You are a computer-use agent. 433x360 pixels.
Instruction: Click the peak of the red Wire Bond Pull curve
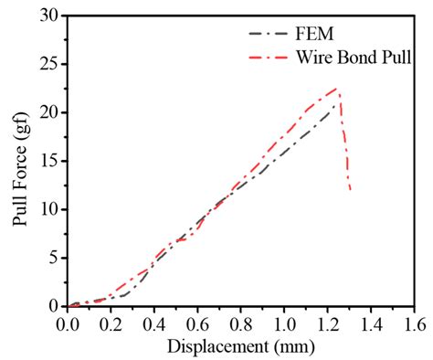[x=338, y=89]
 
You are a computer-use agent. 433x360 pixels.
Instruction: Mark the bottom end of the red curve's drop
[x=350, y=190]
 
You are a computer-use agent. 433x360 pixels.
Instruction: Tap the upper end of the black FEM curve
[x=336, y=107]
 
